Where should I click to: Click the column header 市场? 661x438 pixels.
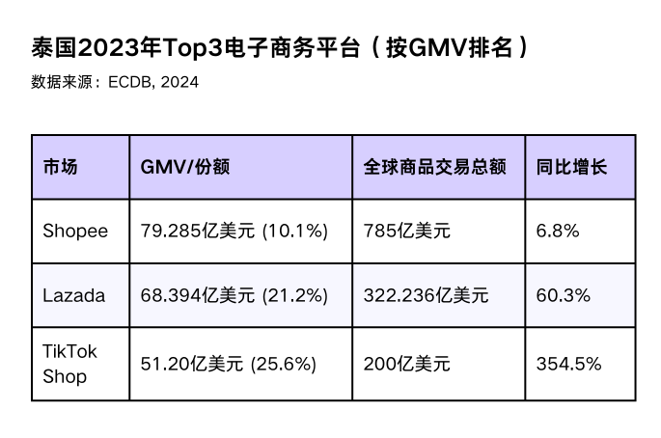[x=60, y=167]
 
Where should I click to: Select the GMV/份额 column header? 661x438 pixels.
[x=185, y=167]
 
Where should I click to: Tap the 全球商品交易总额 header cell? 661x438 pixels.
[x=434, y=167]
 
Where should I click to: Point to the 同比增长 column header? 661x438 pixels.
[x=571, y=167]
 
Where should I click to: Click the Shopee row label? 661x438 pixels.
[x=75, y=232]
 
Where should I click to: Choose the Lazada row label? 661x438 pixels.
[x=73, y=295]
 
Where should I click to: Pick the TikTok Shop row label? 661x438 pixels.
[x=70, y=364]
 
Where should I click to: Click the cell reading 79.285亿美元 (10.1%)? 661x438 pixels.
[x=234, y=232]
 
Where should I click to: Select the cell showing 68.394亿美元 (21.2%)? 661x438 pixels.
[x=234, y=295]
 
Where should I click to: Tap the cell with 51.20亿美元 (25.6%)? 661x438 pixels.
[x=228, y=364]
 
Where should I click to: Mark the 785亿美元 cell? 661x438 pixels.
[x=407, y=232]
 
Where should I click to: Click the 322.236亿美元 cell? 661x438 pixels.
[x=426, y=295]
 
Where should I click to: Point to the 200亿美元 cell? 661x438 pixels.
[x=407, y=364]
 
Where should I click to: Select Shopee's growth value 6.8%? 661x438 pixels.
[x=558, y=231]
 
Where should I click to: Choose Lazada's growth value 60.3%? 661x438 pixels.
[x=564, y=295]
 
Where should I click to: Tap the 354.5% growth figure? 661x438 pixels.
[x=568, y=364]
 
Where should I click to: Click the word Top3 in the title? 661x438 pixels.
[x=192, y=48]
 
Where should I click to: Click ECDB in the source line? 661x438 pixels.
[x=129, y=82]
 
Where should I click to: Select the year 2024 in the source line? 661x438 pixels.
[x=179, y=82]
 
